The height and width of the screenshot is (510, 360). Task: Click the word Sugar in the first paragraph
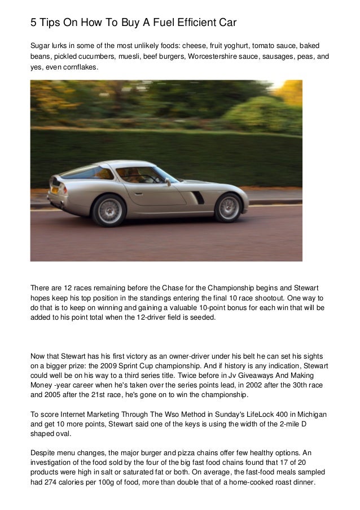click(41, 45)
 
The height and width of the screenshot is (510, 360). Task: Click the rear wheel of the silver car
click(108, 210)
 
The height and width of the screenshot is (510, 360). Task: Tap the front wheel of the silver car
click(229, 207)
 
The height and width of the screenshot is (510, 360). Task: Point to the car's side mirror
click(168, 182)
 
